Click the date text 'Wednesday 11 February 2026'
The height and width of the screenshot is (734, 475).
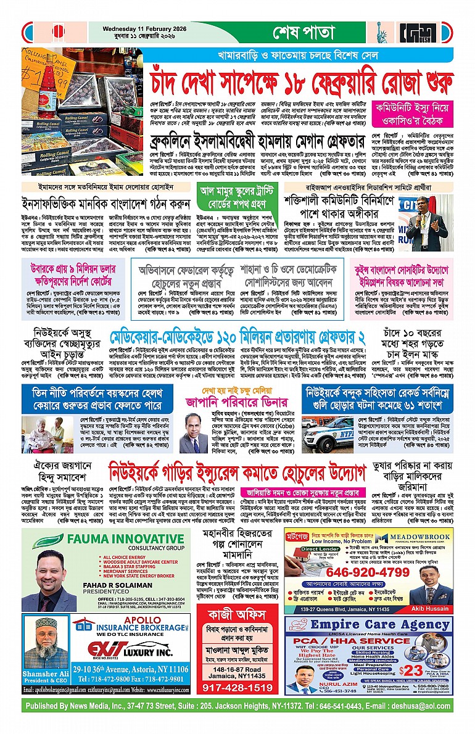coord(141,27)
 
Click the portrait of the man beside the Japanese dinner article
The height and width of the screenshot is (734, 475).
coord(193,433)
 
